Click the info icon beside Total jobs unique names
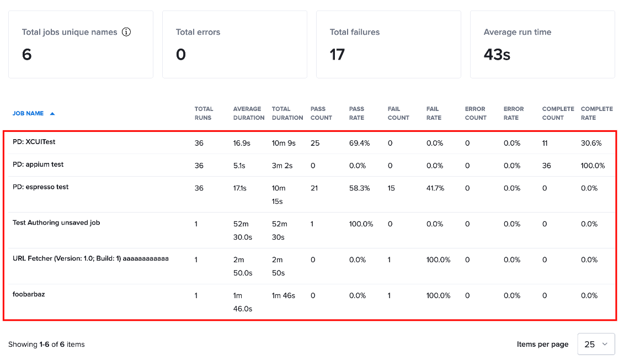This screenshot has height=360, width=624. coord(126,32)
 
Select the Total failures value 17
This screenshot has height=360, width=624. coord(337,55)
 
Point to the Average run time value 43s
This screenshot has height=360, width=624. coord(497,55)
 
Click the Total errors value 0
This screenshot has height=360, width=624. coord(180,55)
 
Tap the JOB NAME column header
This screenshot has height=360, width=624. coord(28,114)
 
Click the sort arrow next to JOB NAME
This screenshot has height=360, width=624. coord(52,114)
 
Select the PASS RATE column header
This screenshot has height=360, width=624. coord(356,113)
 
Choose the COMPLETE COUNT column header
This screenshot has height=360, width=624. coord(558,113)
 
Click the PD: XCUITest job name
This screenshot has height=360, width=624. coord(34,142)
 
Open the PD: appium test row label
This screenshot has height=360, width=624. coord(38,165)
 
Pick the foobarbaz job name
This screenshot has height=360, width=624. coord(29,294)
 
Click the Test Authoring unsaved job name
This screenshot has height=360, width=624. coord(56,223)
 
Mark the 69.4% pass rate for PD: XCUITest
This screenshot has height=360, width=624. coord(359,143)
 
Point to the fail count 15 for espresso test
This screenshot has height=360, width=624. coord(391,188)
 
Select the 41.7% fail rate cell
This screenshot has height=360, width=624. coord(435,188)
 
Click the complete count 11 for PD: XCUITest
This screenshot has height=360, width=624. coord(545,143)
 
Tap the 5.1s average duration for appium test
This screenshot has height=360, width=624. coord(239,166)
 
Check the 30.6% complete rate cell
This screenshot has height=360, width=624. coord(591,143)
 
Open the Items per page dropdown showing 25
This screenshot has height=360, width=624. coord(596,344)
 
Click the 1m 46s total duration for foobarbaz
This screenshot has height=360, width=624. coord(284,295)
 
